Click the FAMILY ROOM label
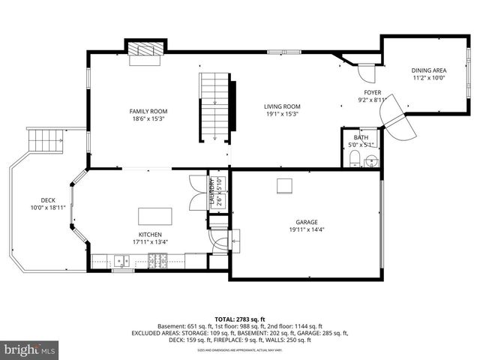tap(148, 111)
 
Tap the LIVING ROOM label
tap(281, 106)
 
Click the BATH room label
tap(361, 137)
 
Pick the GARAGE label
tap(306, 222)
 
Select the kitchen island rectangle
tap(154, 216)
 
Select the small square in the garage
tap(284, 185)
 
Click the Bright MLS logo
tap(29, 349)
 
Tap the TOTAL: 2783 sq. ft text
tap(239, 319)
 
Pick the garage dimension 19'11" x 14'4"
tap(306, 229)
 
